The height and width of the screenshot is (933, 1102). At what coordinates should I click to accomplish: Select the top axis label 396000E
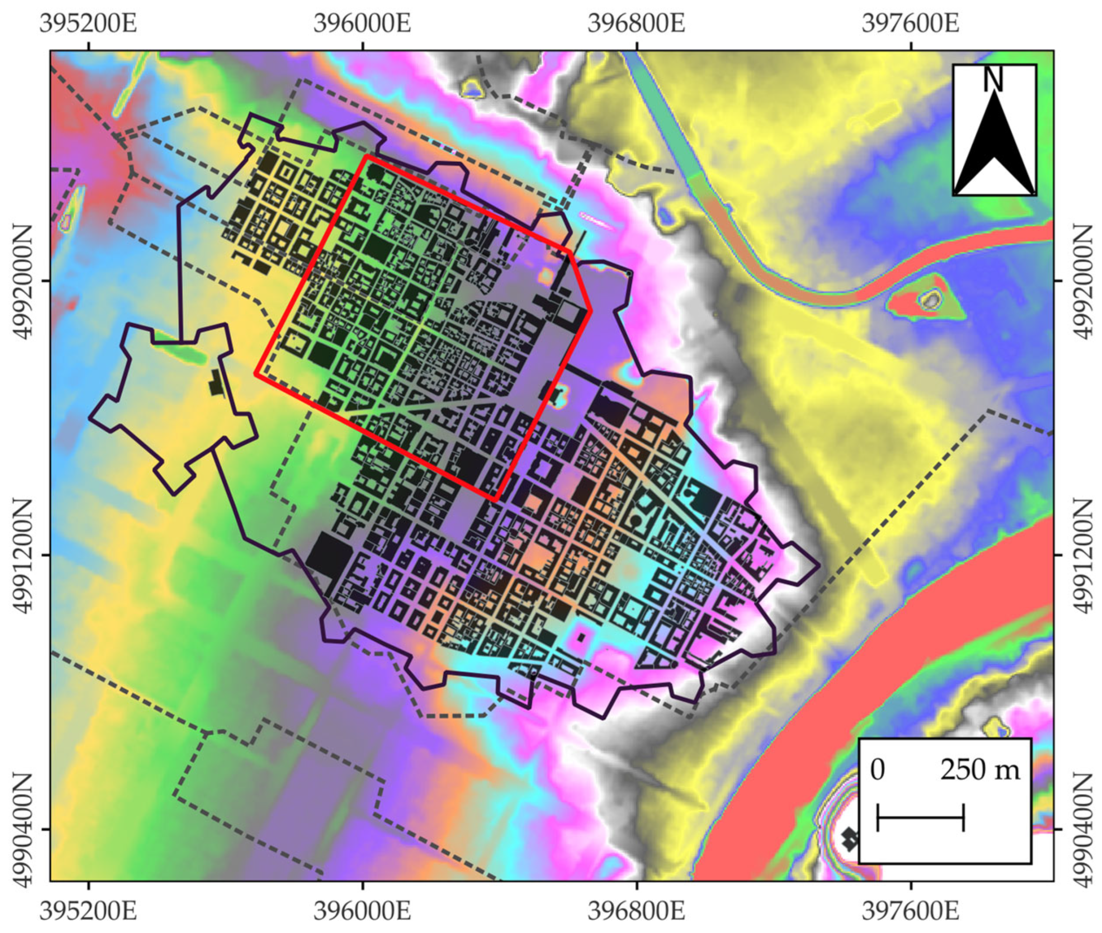(362, 23)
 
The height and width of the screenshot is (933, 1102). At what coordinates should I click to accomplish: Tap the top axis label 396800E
(636, 23)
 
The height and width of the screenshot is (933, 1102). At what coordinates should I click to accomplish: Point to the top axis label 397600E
(910, 23)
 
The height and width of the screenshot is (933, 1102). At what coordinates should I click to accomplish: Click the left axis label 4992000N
(22, 281)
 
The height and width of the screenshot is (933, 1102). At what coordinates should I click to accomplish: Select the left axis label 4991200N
(22, 555)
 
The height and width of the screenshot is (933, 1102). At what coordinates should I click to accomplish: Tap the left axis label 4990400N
(22, 829)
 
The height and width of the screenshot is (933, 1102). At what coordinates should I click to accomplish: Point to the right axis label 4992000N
(1082, 281)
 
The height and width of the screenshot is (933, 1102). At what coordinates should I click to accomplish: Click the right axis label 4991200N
(1082, 555)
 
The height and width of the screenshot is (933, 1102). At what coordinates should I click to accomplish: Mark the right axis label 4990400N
(1082, 829)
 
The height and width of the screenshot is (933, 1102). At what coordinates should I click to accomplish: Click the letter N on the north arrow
(994, 79)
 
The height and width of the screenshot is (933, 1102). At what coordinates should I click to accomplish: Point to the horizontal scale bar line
(921, 817)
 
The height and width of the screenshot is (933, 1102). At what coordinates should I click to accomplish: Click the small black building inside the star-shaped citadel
(216, 382)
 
